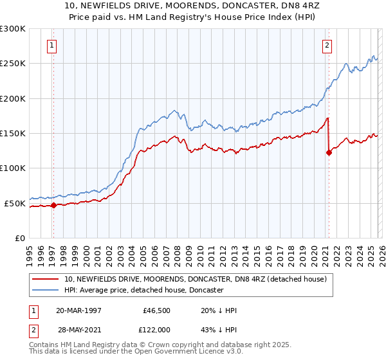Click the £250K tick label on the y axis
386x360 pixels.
[x=13, y=64]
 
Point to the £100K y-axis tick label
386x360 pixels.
[x=13, y=168]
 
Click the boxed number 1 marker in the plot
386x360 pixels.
[x=51, y=45]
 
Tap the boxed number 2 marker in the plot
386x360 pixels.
[x=327, y=45]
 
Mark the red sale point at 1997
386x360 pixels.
[x=54, y=206]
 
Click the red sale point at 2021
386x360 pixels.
[x=329, y=153]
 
